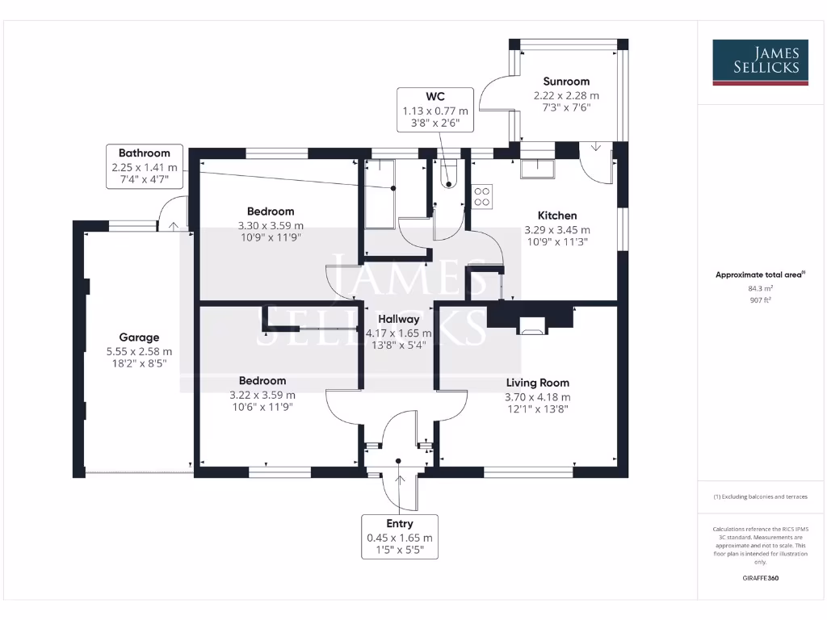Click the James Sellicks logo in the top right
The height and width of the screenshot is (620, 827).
point(760,62)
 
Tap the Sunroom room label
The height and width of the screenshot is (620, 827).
point(566,82)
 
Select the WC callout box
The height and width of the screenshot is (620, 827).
point(435,111)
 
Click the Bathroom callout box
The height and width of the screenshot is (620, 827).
point(145,167)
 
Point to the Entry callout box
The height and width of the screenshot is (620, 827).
point(400,537)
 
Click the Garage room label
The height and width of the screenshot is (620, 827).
point(139,337)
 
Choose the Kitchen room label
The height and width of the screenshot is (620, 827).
point(557,216)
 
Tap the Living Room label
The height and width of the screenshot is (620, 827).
point(538,383)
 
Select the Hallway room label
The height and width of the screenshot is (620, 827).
point(399,320)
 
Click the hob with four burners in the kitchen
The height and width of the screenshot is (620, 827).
point(482,196)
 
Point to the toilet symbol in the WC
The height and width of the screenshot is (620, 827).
point(448,174)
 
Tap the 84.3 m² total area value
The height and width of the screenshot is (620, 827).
point(760,287)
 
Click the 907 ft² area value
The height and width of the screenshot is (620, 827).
point(760,300)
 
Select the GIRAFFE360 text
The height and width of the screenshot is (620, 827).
point(760,578)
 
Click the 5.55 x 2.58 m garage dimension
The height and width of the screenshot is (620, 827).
point(139,351)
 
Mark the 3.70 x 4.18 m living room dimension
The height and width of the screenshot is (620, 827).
point(538,396)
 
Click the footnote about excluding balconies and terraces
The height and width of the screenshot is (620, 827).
point(760,496)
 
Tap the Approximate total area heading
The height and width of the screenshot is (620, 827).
point(760,274)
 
